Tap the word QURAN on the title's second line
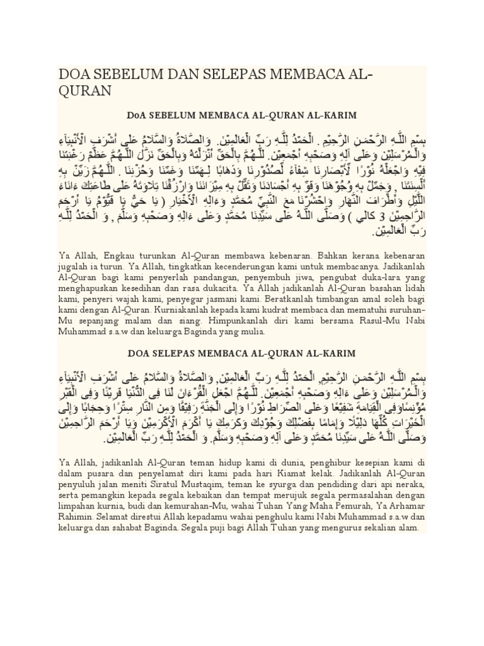(84, 91)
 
